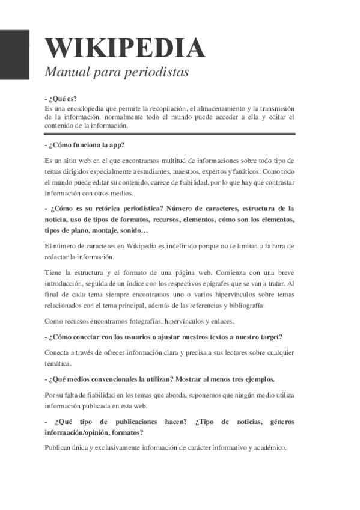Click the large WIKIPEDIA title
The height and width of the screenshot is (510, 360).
coord(125,48)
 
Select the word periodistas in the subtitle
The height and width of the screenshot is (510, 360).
coord(158,73)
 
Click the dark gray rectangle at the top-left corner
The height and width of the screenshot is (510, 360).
coord(14,54)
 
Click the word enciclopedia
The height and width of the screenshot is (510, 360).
coord(81,108)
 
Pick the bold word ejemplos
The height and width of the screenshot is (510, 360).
coord(255,379)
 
